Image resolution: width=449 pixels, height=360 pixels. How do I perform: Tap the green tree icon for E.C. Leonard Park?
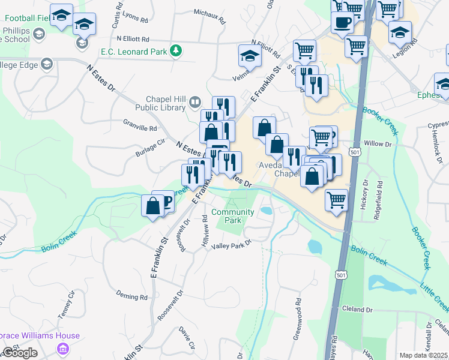pyautogui.click(x=176, y=51)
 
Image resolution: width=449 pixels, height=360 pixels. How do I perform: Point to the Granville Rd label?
pyautogui.click(x=140, y=128)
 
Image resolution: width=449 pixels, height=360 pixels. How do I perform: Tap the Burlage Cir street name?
pyautogui.click(x=150, y=148)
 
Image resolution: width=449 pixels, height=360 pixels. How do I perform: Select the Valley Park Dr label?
pyautogui.click(x=231, y=244)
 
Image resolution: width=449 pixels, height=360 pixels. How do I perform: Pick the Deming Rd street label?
pyautogui.click(x=131, y=296)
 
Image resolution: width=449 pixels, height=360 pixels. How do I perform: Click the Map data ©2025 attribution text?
pyautogui.click(x=423, y=355)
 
